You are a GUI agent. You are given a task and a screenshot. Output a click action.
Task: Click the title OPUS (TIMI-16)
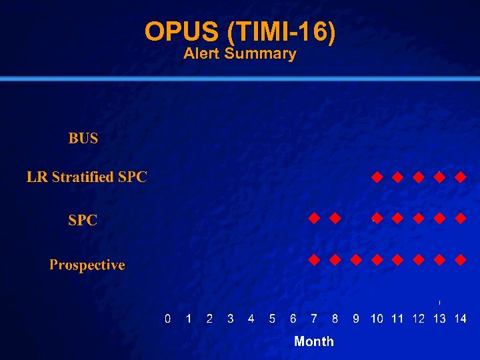click(240, 31)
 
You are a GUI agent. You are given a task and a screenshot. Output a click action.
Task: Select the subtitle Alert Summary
click(240, 54)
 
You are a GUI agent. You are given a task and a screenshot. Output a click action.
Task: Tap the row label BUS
click(83, 139)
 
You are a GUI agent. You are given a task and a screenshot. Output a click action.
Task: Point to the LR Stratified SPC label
click(87, 177)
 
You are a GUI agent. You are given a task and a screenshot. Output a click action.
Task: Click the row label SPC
click(83, 220)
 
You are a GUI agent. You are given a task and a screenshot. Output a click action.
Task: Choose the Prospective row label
click(87, 265)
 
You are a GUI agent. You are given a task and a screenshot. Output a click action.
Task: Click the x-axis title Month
click(314, 341)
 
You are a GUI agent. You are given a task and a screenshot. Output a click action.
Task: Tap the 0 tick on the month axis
click(168, 319)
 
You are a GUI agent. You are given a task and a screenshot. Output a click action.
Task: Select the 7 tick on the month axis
click(314, 319)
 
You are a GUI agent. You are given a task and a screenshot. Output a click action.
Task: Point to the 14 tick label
click(460, 319)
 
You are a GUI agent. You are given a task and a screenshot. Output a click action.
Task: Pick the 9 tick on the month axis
click(356, 319)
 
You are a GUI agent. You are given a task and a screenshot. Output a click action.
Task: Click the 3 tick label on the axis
click(231, 319)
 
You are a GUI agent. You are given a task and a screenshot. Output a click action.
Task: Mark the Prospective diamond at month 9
click(356, 259)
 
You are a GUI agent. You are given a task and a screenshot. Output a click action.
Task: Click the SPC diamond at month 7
click(314, 218)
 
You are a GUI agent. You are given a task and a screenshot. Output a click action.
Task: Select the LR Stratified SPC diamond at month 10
click(377, 177)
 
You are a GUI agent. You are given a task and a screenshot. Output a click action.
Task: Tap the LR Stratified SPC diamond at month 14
click(460, 177)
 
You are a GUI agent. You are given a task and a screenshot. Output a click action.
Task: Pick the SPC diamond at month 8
click(335, 218)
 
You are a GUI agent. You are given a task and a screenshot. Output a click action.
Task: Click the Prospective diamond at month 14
click(460, 259)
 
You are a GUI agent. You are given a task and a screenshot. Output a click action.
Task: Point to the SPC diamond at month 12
click(419, 218)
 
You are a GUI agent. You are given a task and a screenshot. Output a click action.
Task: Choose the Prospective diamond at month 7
click(314, 259)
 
